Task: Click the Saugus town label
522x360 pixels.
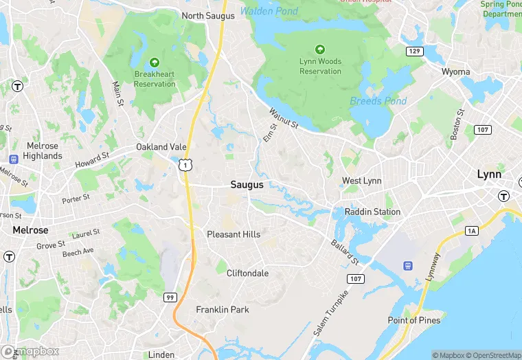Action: [x=247, y=184]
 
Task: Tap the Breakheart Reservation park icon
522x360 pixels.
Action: [x=155, y=63]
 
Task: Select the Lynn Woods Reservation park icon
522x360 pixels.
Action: [x=320, y=49]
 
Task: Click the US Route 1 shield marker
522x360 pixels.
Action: [x=185, y=166]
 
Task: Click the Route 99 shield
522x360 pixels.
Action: [x=169, y=296]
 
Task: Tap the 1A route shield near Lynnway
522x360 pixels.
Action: [x=471, y=231]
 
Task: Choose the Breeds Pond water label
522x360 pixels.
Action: [x=378, y=101]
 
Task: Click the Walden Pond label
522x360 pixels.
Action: [x=269, y=12]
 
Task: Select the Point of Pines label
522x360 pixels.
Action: [x=414, y=320]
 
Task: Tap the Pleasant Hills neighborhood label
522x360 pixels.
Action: [x=234, y=234]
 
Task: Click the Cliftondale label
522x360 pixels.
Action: [x=248, y=273]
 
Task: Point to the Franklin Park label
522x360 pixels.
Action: [x=223, y=310]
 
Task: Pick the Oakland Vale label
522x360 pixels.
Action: [x=161, y=147]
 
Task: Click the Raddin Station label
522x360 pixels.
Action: [x=372, y=212]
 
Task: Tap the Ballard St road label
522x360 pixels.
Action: [x=345, y=253]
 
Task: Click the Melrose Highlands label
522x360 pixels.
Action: [x=43, y=150]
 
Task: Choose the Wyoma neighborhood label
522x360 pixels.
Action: [x=455, y=71]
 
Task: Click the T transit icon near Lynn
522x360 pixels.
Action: [x=504, y=196]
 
